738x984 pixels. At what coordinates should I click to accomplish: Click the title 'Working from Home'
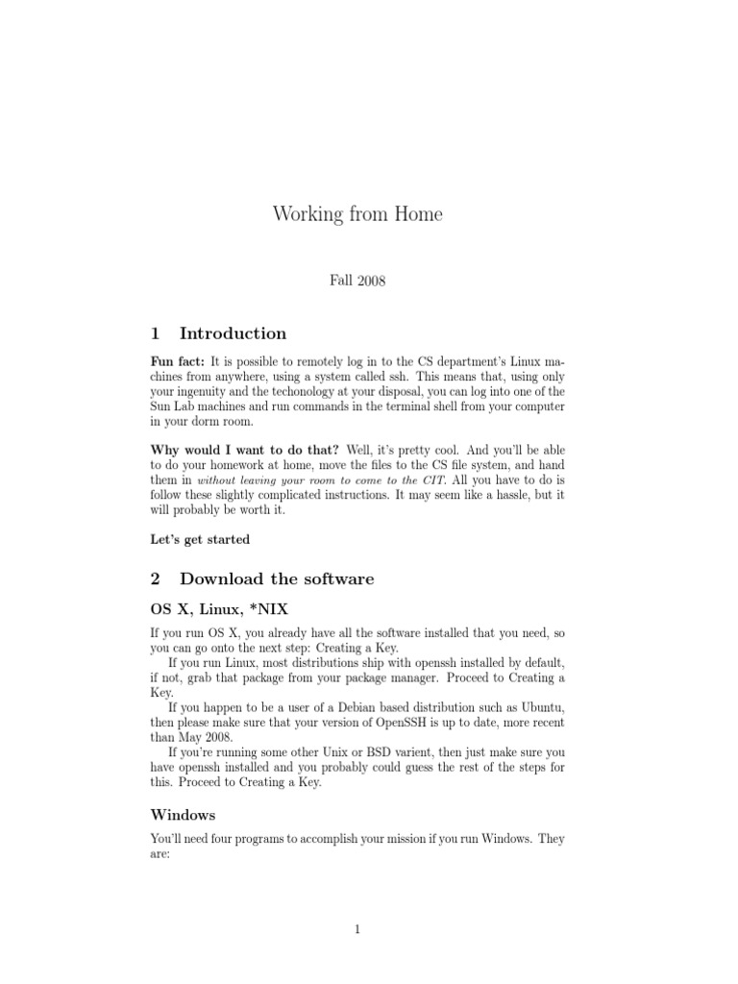[x=357, y=214]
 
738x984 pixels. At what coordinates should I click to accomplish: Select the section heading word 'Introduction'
[x=233, y=333]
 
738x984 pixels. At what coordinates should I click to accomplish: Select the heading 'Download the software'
[x=277, y=578]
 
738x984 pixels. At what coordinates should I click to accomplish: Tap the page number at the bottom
[x=357, y=930]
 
